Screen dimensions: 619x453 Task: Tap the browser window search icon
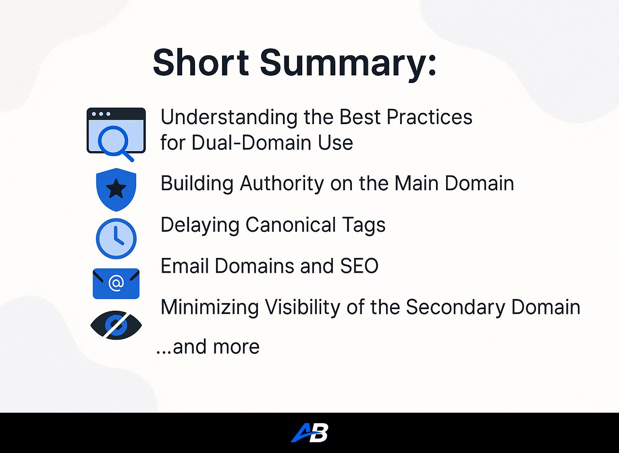pos(116,135)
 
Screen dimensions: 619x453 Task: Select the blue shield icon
pos(116,189)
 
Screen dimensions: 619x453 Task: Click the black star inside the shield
pos(116,189)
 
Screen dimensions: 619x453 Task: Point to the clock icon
pos(116,239)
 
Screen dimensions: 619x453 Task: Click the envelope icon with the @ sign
pos(116,284)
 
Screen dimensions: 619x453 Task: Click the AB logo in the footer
pos(309,432)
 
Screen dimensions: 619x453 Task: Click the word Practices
pos(430,117)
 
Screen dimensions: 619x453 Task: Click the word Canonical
pos(291,224)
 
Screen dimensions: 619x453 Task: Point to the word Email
pos(185,266)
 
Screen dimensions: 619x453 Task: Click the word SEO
pos(359,266)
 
